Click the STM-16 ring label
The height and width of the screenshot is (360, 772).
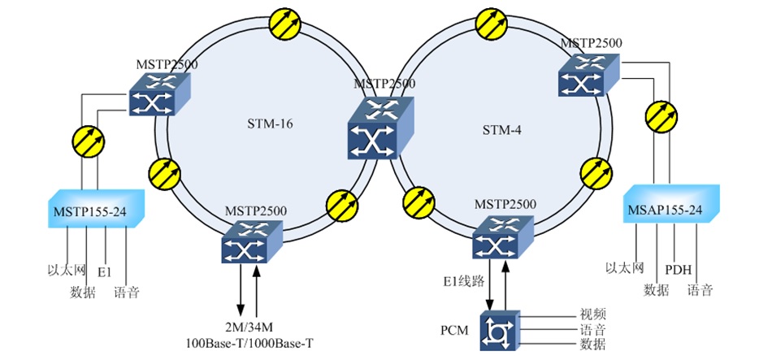click(269, 124)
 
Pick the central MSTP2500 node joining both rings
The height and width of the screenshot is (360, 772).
click(380, 128)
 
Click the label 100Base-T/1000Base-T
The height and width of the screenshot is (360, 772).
click(248, 344)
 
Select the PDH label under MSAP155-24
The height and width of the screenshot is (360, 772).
click(677, 268)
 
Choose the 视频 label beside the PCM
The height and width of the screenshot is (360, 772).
click(592, 314)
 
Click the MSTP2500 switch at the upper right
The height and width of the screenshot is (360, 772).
click(588, 77)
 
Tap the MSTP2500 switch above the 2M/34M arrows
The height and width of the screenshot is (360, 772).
click(250, 241)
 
